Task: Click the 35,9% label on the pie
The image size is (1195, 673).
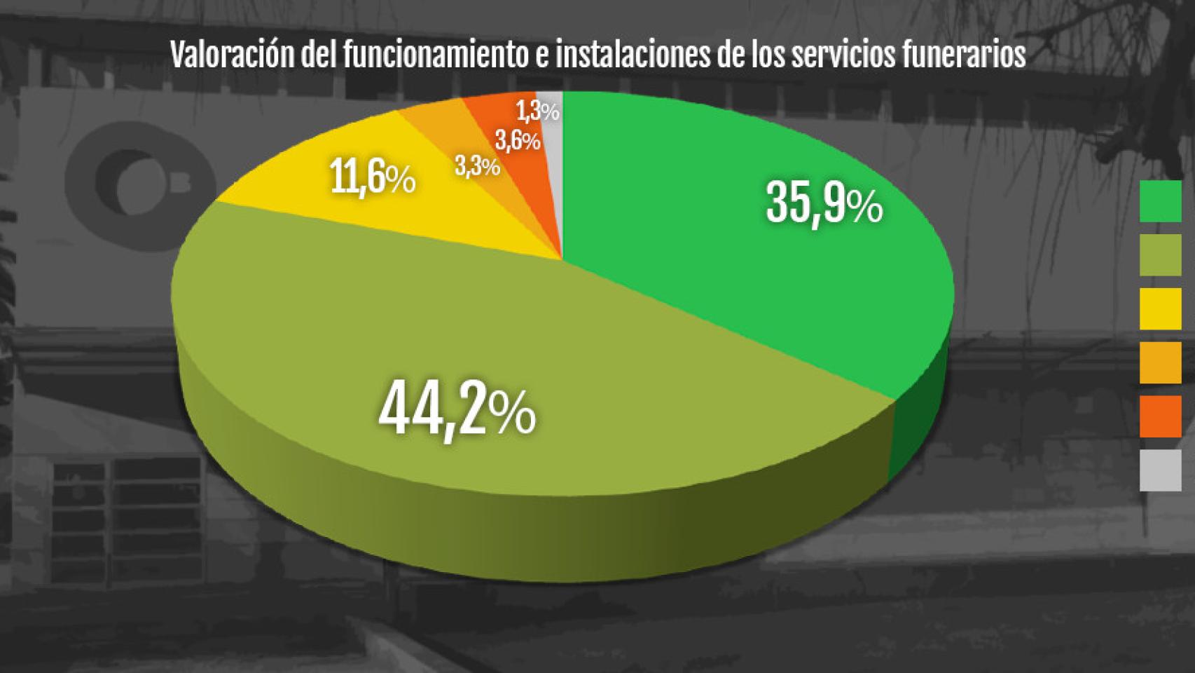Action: coord(824,203)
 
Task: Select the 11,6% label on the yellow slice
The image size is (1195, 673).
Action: coord(373,179)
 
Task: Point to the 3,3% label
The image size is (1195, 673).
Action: coord(477,166)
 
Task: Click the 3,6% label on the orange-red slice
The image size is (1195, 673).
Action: coord(518,141)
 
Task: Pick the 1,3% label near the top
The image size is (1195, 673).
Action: coord(537,111)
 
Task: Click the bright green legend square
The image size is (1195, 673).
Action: coord(1160,201)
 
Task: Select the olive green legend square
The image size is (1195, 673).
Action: coord(1160,254)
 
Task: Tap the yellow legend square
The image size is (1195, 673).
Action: coord(1160,308)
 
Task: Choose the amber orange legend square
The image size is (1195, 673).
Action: coord(1160,362)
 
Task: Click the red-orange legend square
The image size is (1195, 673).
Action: coord(1160,416)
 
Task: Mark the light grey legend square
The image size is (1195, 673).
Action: coord(1160,470)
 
